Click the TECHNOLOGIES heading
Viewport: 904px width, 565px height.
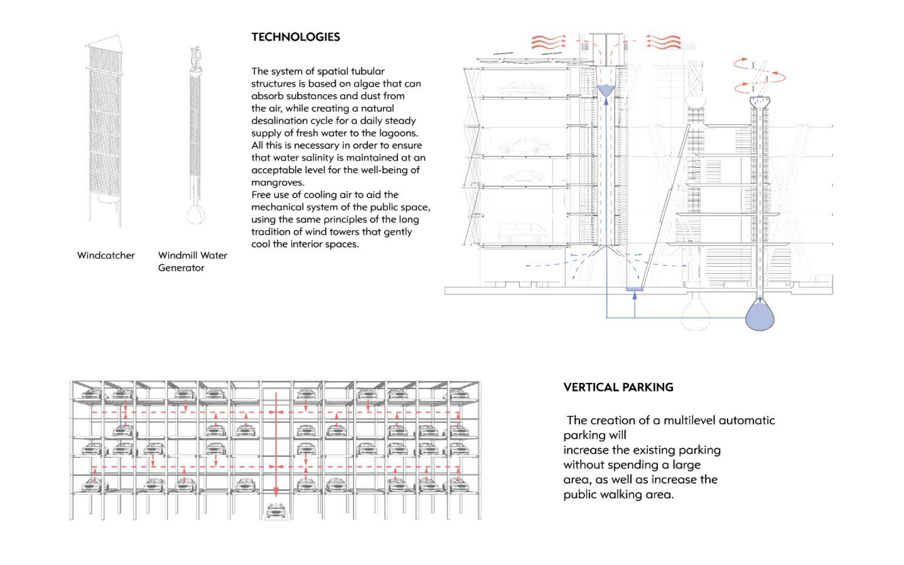click(295, 37)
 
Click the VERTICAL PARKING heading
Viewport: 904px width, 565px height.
click(618, 387)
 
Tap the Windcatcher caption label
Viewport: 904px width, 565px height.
click(106, 255)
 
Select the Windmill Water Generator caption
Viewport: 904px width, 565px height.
click(192, 261)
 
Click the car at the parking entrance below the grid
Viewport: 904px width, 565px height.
click(276, 511)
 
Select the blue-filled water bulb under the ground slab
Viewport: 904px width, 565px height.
click(760, 317)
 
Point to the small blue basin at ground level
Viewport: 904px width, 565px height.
click(634, 289)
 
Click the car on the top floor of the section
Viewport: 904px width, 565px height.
click(524, 88)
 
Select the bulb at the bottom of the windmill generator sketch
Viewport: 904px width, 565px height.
click(195, 214)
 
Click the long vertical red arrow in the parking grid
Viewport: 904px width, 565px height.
click(276, 444)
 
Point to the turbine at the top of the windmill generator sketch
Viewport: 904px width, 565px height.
click(195, 58)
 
